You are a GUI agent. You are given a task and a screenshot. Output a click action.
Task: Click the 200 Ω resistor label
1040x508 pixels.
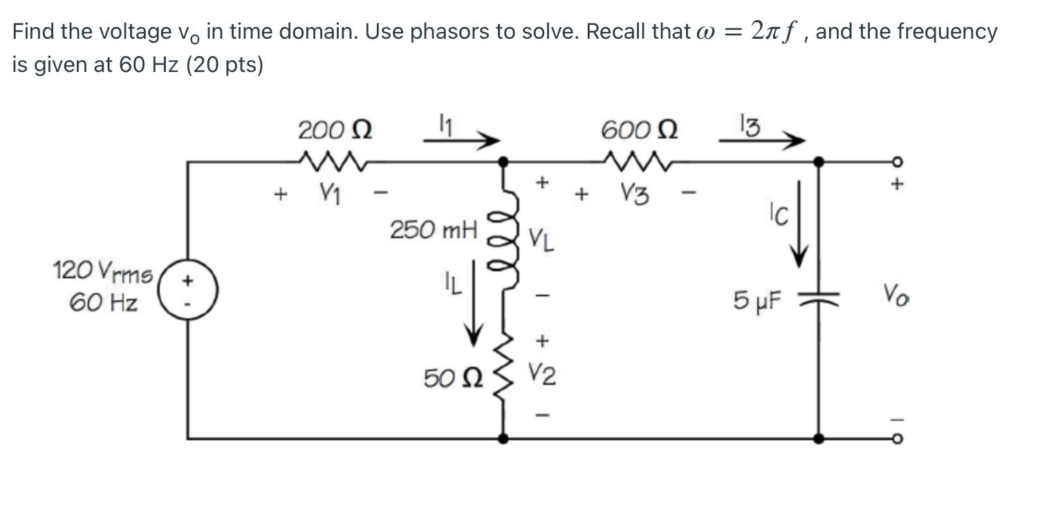(x=335, y=129)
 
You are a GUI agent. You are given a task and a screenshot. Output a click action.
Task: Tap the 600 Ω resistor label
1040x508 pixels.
(x=639, y=129)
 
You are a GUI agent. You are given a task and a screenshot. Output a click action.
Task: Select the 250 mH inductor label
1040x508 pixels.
(x=434, y=229)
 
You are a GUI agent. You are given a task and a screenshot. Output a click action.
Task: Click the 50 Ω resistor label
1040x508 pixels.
(x=453, y=378)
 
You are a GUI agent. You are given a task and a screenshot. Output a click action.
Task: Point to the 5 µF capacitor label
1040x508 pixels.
(x=757, y=300)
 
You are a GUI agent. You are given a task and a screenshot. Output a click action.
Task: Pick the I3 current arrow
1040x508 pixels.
(x=762, y=141)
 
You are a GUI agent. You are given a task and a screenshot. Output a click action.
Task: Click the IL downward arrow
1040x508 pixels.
(x=474, y=305)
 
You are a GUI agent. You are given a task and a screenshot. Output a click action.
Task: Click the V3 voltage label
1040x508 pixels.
(x=634, y=194)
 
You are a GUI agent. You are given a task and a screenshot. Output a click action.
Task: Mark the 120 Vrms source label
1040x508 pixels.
(x=103, y=273)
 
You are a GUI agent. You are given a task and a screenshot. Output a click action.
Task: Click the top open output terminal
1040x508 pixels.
(x=897, y=163)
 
